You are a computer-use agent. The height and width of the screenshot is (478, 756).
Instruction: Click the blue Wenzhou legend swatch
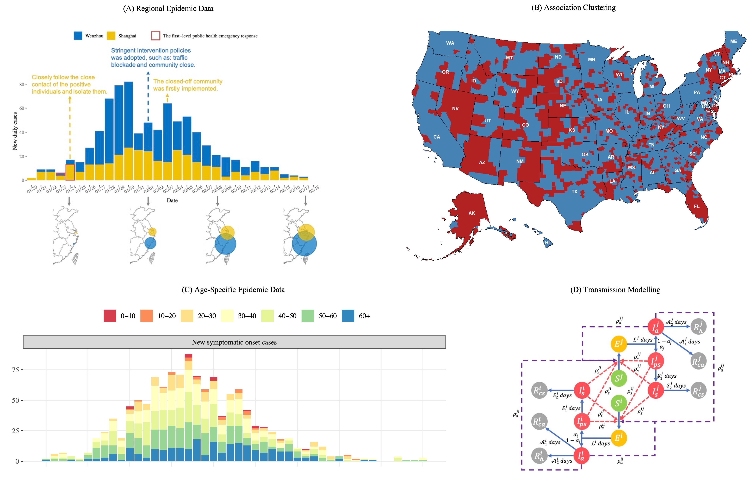(x=78, y=36)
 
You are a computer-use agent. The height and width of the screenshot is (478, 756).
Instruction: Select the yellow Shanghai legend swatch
(x=111, y=36)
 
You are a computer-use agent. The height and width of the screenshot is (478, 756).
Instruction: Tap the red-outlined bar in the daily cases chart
(x=70, y=172)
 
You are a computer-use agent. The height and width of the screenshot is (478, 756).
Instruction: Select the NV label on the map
(x=455, y=109)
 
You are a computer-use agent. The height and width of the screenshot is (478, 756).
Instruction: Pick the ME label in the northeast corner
(x=733, y=41)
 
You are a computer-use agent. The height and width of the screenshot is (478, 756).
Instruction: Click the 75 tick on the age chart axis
(x=16, y=370)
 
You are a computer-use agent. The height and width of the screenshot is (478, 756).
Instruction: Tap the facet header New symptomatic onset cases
(x=234, y=342)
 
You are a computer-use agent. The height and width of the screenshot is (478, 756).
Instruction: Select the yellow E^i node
(x=618, y=438)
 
